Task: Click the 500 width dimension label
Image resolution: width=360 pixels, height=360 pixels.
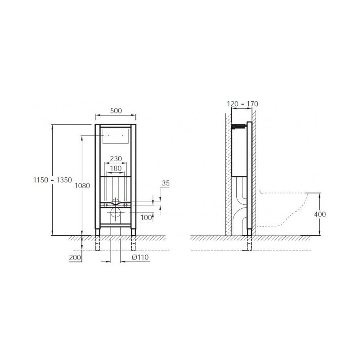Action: click(x=116, y=111)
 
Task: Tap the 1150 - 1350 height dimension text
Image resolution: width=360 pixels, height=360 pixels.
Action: click(x=53, y=180)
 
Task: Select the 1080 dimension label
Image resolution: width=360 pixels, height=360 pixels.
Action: click(x=82, y=185)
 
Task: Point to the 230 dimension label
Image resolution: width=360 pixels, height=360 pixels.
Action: click(x=116, y=159)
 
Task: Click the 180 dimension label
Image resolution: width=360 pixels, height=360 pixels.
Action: click(x=116, y=168)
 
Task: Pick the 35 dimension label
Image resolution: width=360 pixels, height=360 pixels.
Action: click(x=166, y=183)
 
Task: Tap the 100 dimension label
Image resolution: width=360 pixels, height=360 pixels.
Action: click(x=146, y=217)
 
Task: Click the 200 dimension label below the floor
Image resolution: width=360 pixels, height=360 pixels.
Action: click(x=75, y=257)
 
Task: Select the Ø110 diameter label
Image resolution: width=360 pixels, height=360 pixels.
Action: click(x=140, y=257)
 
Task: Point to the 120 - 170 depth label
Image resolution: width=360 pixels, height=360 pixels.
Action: click(x=243, y=104)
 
